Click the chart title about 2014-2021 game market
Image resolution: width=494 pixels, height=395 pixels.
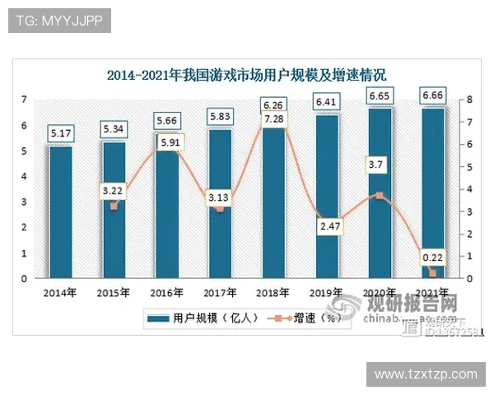(x=247, y=76)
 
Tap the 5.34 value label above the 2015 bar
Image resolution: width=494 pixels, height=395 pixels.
(x=113, y=129)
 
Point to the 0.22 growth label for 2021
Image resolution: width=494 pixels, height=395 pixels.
(x=433, y=257)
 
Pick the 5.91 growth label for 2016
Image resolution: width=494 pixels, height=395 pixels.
(x=166, y=142)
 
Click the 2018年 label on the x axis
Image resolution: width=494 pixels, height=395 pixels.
(x=273, y=291)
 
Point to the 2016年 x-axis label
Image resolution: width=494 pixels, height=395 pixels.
(x=166, y=291)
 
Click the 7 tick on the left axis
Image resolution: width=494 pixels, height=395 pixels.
(x=24, y=100)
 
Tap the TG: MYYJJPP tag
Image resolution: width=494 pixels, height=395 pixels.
(x=59, y=21)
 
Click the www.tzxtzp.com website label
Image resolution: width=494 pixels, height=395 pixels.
(x=426, y=374)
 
